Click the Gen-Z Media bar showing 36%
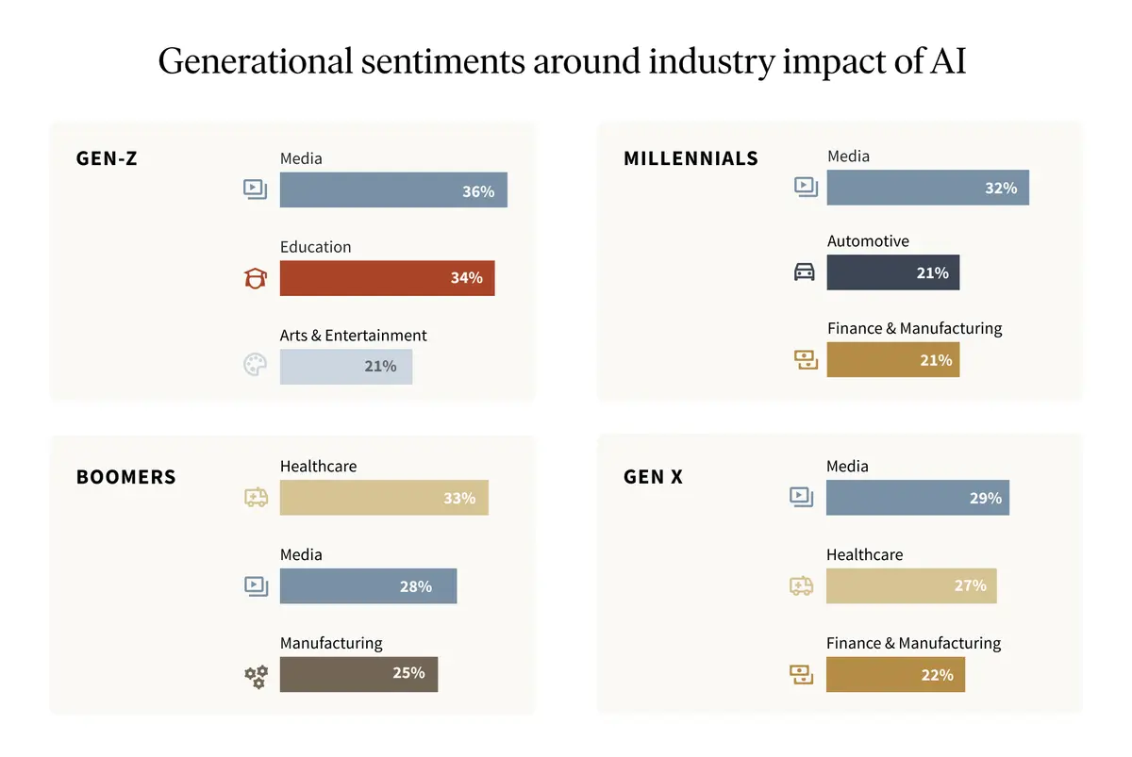click(393, 190)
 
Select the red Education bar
click(387, 278)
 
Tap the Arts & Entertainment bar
click(345, 366)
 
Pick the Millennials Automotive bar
click(892, 272)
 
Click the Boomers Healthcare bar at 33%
click(384, 498)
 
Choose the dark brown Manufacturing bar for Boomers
click(358, 674)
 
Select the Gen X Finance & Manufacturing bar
click(895, 675)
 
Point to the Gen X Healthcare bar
click(910, 585)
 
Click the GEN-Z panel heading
click(107, 158)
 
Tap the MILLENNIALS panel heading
click(691, 158)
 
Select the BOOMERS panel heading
click(125, 477)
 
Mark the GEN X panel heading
click(653, 477)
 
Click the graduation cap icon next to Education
click(255, 278)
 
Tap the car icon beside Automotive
click(804, 272)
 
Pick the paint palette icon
click(255, 366)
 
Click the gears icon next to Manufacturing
click(256, 675)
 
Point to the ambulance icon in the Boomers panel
click(256, 497)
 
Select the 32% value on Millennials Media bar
click(1000, 189)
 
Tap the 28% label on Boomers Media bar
click(415, 586)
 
